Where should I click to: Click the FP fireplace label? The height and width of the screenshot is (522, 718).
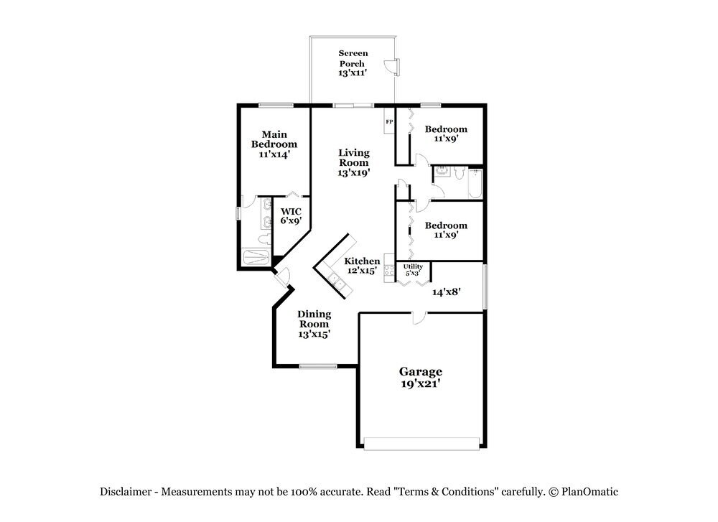tap(389, 122)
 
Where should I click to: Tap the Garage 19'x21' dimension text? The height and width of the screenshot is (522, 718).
tap(420, 383)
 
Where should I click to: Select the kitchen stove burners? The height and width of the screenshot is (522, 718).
tap(389, 270)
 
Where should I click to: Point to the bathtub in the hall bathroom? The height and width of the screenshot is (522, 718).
tap(476, 184)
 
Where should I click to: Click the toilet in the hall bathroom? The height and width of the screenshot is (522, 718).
tap(460, 172)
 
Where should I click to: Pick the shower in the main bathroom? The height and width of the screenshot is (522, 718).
tap(256, 257)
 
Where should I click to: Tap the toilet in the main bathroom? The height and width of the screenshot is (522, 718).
tap(264, 238)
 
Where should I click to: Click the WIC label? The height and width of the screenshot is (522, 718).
tap(291, 212)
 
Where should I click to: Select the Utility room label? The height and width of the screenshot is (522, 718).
tap(413, 266)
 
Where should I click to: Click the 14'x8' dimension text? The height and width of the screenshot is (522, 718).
tap(446, 292)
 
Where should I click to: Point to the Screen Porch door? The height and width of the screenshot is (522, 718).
tap(393, 66)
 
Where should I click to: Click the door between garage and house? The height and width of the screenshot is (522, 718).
tap(419, 317)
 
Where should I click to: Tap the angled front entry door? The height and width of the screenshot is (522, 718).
tap(281, 276)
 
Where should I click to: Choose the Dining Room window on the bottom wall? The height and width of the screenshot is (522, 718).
tap(318, 366)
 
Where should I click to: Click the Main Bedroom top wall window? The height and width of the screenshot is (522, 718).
tap(276, 106)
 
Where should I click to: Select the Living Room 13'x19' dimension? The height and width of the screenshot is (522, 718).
tap(354, 172)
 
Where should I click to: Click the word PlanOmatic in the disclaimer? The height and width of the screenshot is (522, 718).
tap(589, 493)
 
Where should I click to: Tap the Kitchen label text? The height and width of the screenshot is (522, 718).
tap(362, 261)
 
